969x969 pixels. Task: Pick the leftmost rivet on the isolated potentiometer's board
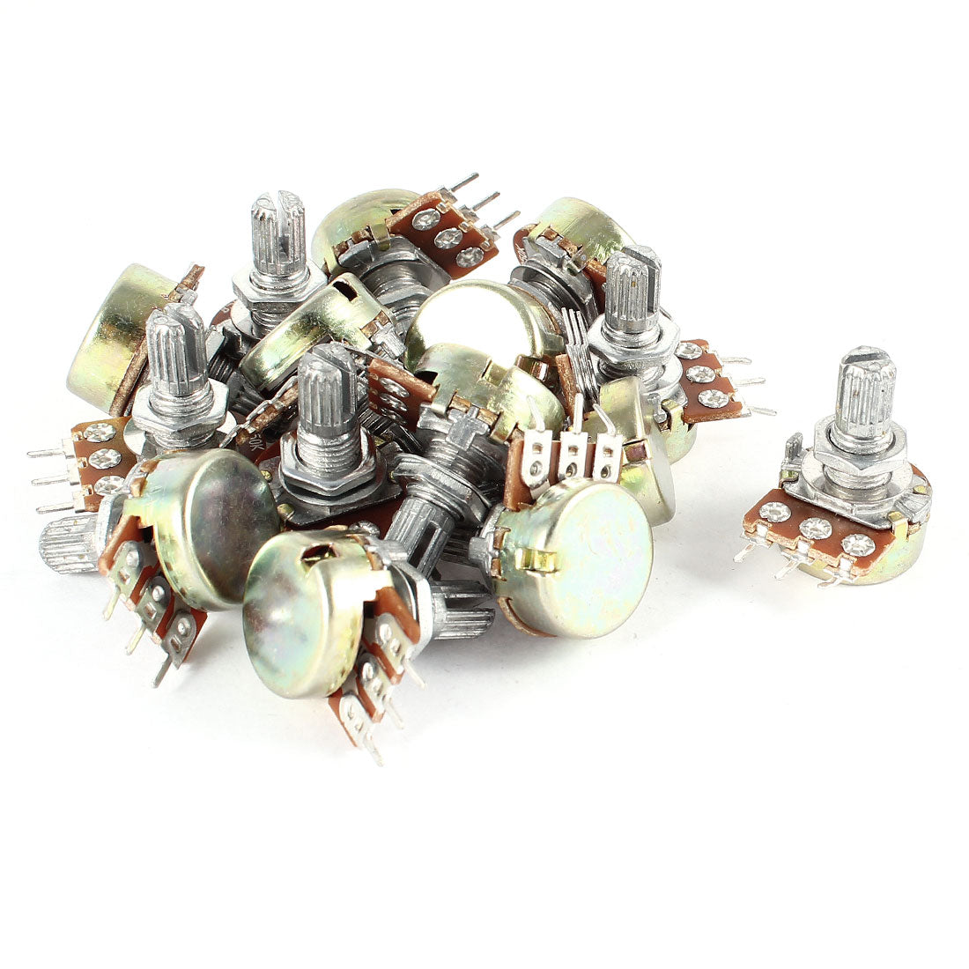(773, 511)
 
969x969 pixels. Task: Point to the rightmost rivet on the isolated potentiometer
(857, 545)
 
